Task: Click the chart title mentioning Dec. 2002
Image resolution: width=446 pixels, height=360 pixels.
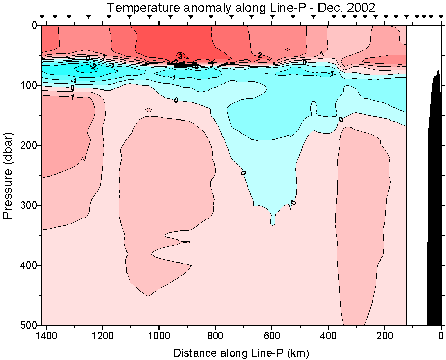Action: [x=241, y=7]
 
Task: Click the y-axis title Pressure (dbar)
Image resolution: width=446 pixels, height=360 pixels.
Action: [x=7, y=175]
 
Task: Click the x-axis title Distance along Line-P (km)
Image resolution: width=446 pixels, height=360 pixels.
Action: [x=241, y=352]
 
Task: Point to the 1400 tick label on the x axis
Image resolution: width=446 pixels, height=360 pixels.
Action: [x=47, y=335]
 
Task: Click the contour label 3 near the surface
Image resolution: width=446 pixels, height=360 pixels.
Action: [x=180, y=56]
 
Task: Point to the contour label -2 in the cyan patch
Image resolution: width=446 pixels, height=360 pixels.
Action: [x=93, y=66]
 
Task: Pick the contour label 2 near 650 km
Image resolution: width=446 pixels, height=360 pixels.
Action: [x=260, y=55]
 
